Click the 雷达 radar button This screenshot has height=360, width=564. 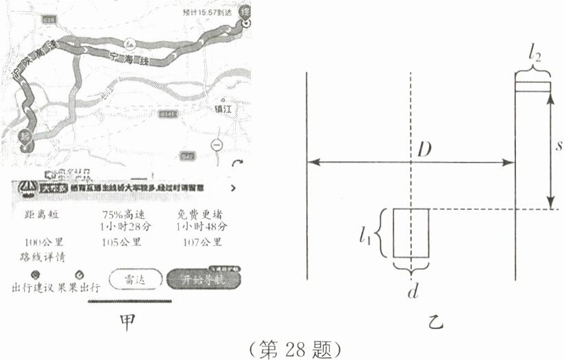[136, 280]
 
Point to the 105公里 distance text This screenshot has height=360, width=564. [121, 241]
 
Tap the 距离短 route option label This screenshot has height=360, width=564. [41, 214]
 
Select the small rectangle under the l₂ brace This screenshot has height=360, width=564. [532, 86]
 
